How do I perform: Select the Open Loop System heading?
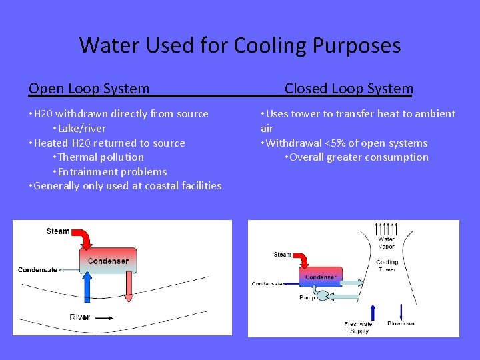pos(89,89)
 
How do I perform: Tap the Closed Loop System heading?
pos(349,89)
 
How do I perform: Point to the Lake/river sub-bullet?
pos(79,128)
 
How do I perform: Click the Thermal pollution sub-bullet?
pos(97,157)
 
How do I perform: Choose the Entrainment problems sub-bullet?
pos(109,171)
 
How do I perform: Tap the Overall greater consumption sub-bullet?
pos(356,157)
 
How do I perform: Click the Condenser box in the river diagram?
pos(108,261)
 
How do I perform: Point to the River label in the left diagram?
pos(79,317)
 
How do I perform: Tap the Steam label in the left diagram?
pos(57,231)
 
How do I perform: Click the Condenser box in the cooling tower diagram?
pos(321,277)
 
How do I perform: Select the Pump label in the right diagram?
pos(307,297)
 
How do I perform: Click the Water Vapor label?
pos(386,243)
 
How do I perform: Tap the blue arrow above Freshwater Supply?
pos(373,311)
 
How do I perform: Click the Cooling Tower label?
pos(387,265)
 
